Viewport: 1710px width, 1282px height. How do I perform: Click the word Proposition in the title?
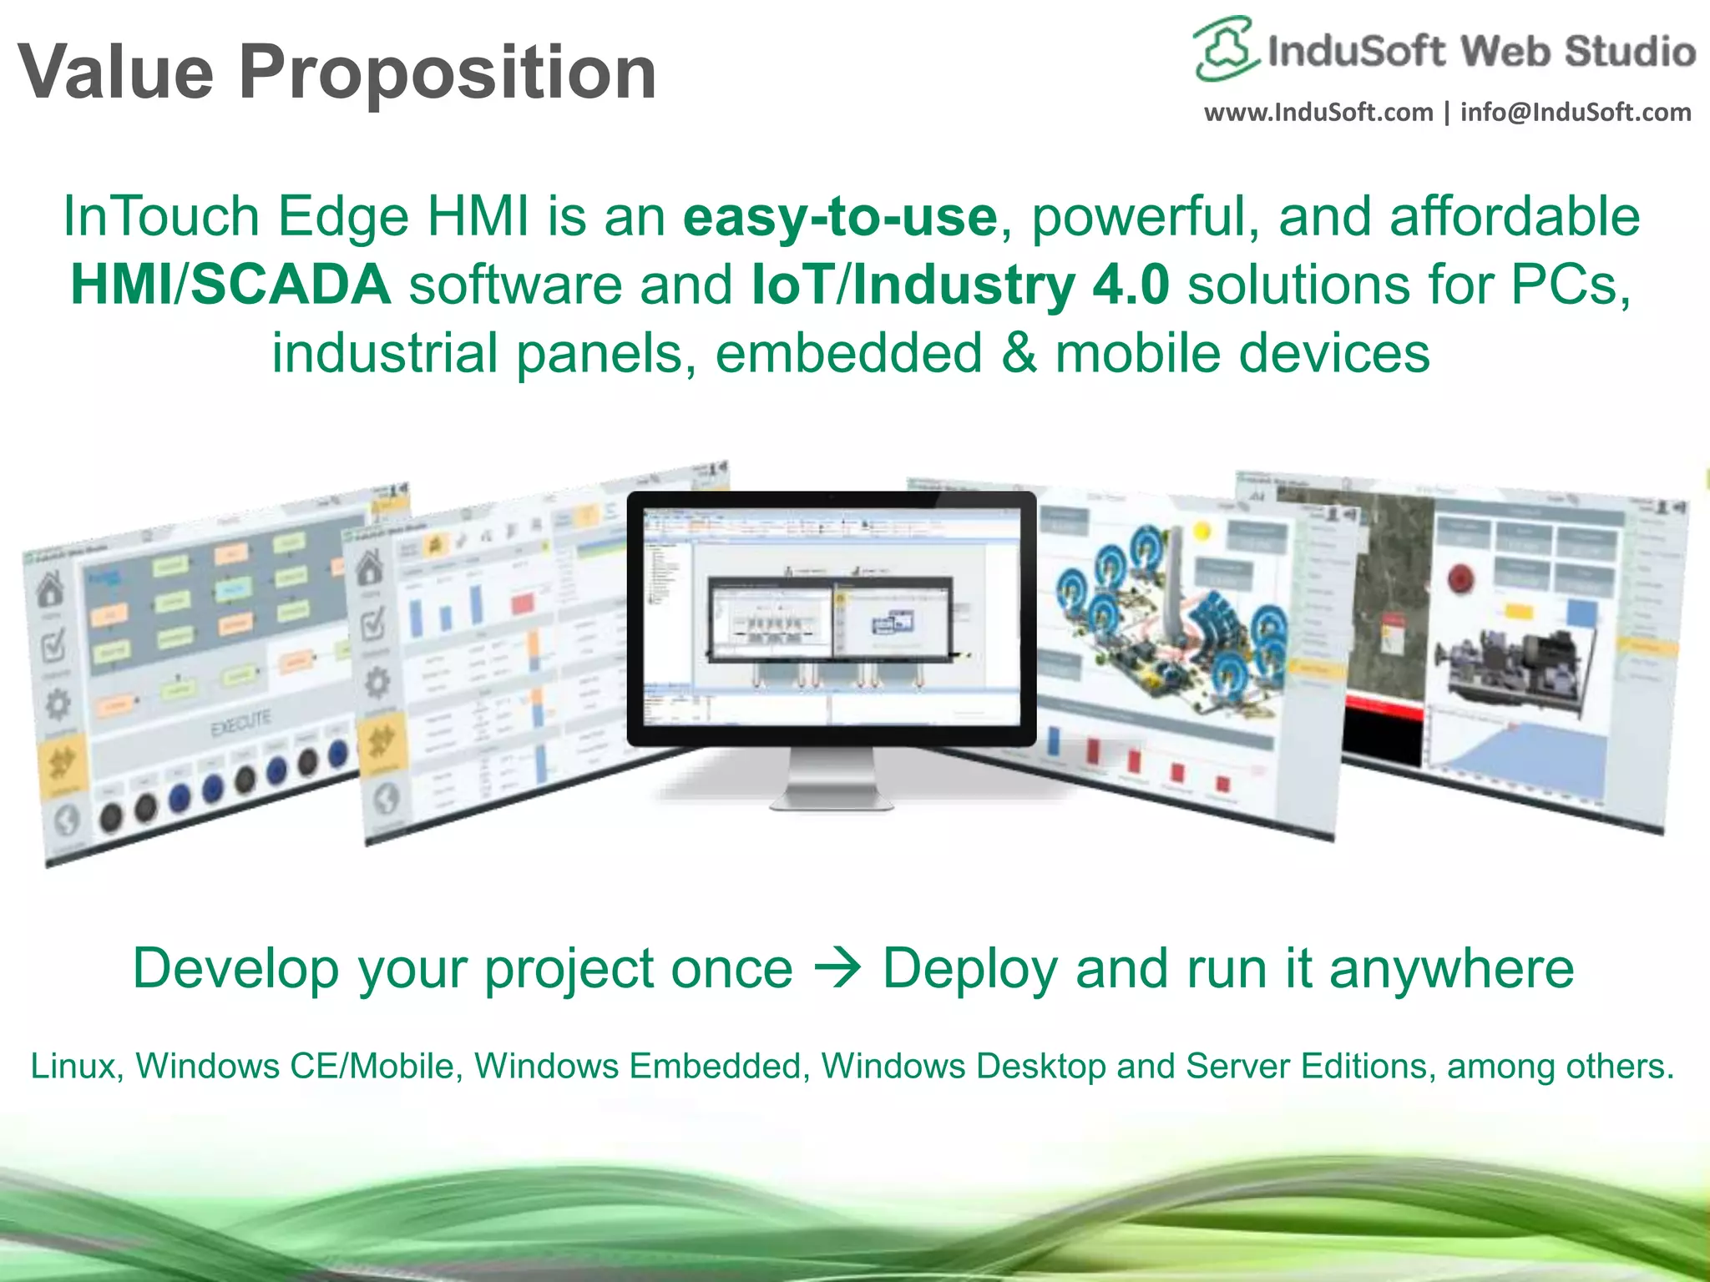448,73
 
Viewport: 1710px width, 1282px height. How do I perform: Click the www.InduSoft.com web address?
1318,112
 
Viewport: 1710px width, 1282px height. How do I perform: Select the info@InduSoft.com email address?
1576,112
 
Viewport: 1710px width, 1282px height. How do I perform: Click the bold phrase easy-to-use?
840,217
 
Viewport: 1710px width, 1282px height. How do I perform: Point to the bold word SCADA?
291,285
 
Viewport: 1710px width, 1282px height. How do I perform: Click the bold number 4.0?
1131,285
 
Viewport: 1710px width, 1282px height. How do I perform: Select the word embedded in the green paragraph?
848,353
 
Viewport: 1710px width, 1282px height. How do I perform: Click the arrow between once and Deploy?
837,968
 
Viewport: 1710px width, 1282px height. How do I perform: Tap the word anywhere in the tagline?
1451,968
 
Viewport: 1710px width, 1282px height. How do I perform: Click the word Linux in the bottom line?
72,1067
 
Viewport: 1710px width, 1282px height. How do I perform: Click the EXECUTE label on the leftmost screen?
240,724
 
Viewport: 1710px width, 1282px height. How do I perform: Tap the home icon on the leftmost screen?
51,588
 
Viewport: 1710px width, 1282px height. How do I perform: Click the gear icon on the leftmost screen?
58,706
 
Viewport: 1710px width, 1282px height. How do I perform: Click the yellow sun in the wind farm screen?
1202,530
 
